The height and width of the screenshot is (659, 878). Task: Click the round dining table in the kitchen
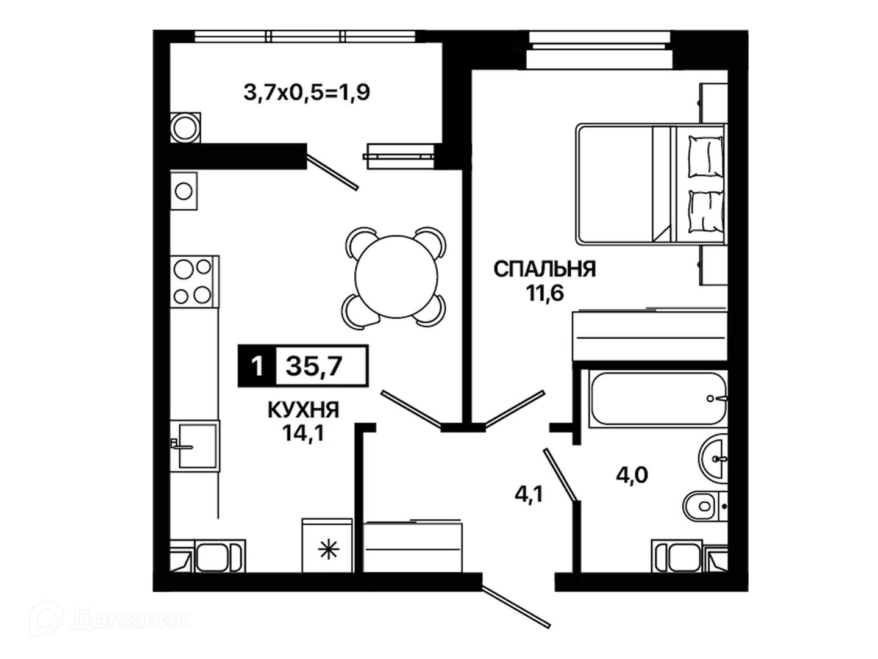(395, 277)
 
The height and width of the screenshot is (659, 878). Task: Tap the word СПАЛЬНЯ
(544, 269)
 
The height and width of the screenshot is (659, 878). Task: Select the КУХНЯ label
(303, 410)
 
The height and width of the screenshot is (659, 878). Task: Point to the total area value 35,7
(314, 366)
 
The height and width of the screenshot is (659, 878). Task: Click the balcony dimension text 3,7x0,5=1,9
(307, 93)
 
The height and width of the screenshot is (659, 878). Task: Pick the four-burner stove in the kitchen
(195, 282)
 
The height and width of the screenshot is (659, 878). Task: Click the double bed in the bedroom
(651, 184)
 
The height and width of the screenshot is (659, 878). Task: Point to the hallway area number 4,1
(529, 495)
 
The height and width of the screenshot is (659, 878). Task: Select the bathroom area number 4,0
(632, 475)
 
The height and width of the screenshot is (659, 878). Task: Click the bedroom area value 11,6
(544, 293)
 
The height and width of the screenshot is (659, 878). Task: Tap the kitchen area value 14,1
(303, 433)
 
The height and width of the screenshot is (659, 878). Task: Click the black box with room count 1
(257, 366)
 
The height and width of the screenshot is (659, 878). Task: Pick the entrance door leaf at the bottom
(516, 607)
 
